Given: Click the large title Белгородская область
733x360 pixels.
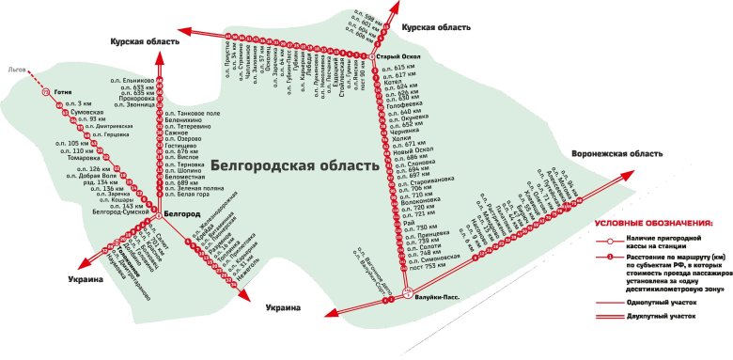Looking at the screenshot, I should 294,163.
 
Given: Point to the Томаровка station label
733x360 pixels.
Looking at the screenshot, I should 90,158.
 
